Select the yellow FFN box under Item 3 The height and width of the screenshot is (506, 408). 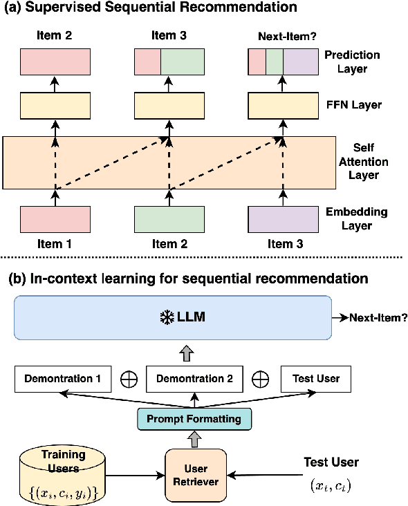(283, 106)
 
